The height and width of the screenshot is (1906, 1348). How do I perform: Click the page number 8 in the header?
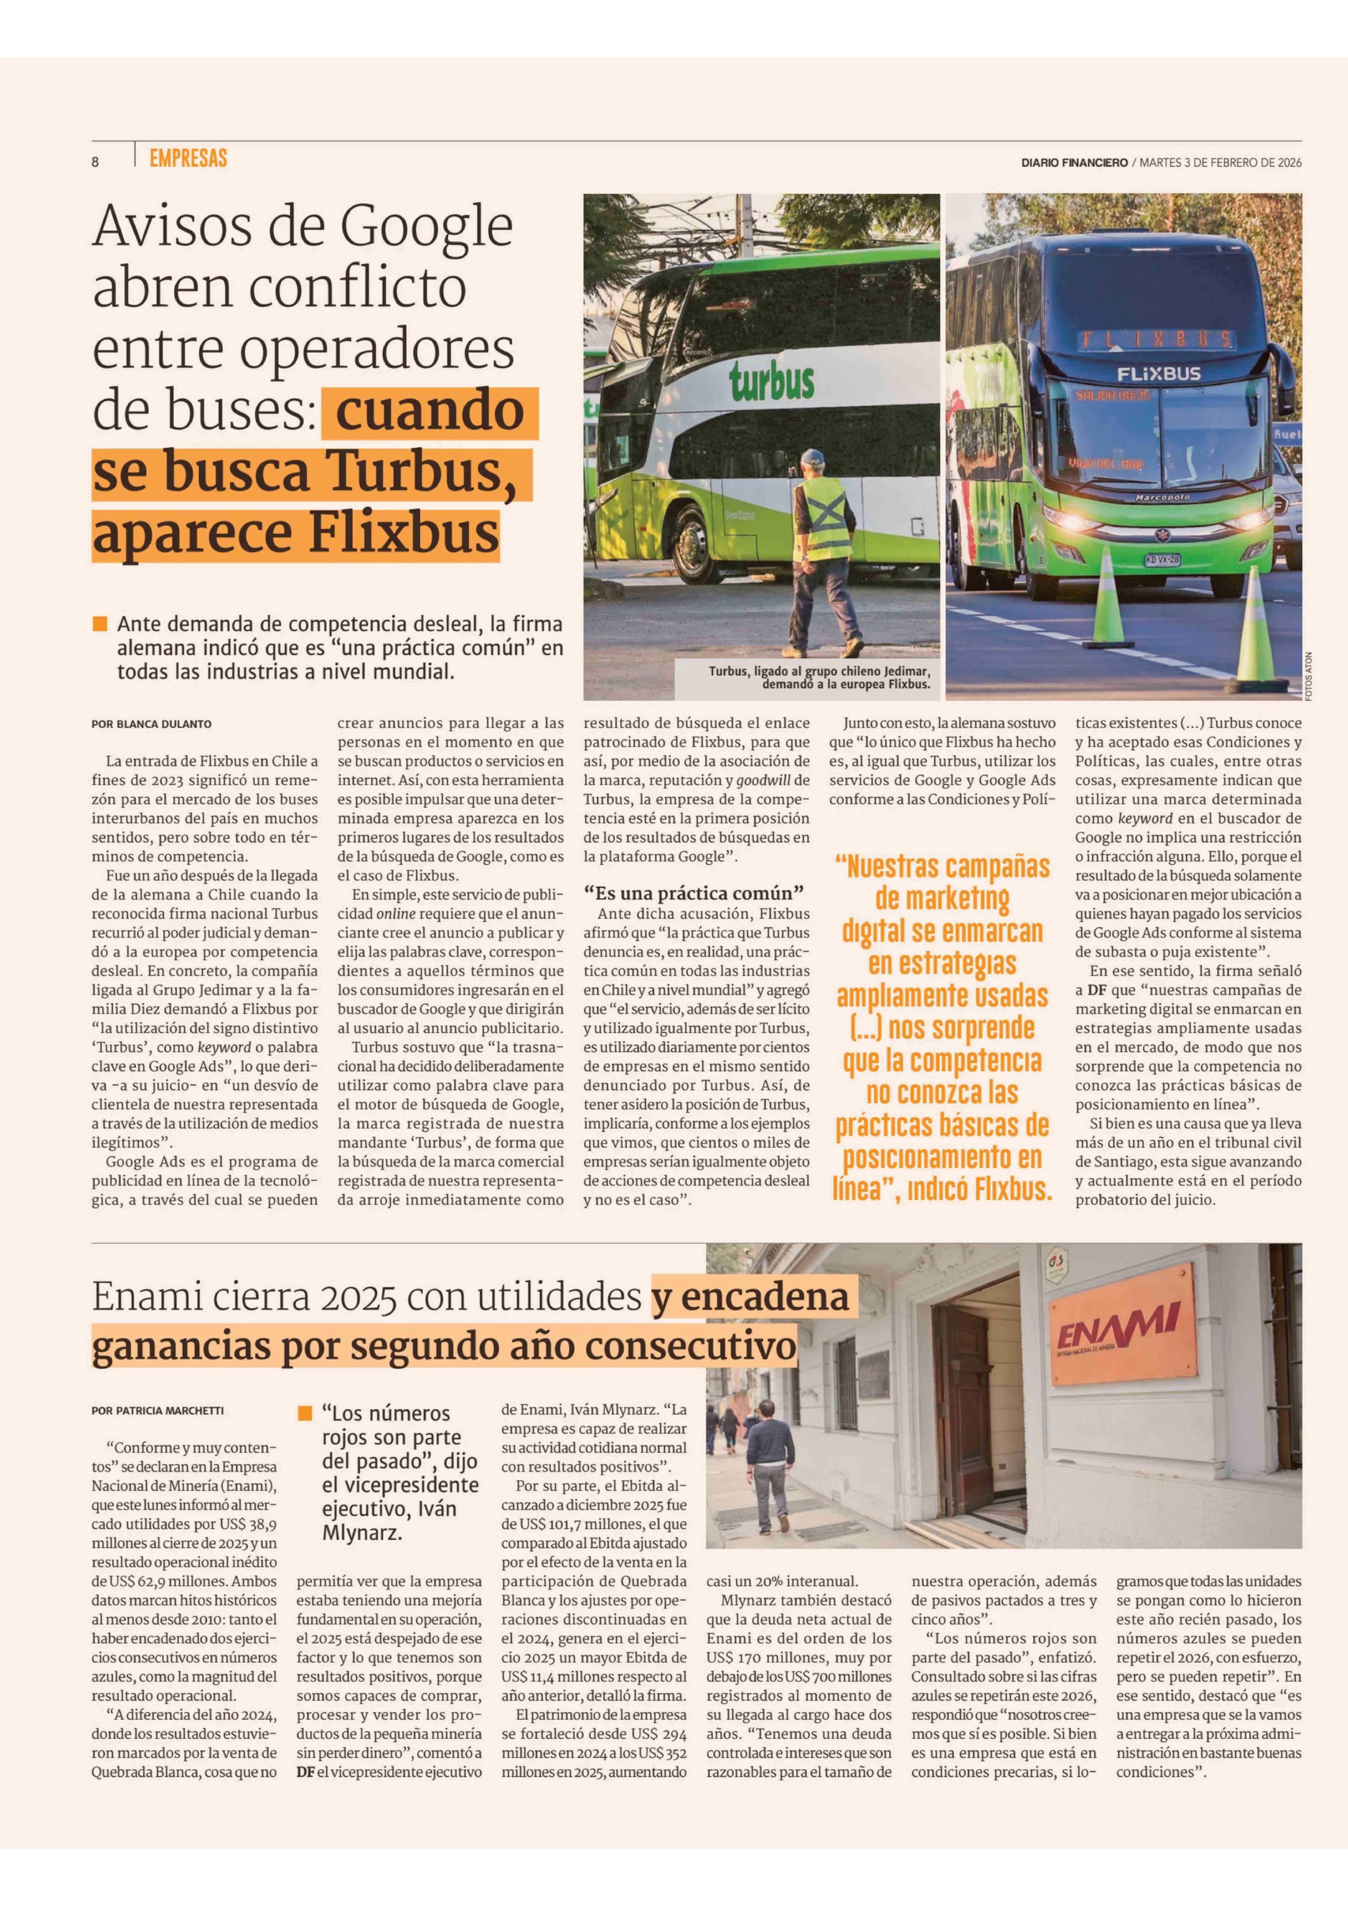[x=96, y=163]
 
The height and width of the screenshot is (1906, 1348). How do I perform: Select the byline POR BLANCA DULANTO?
[x=151, y=724]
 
